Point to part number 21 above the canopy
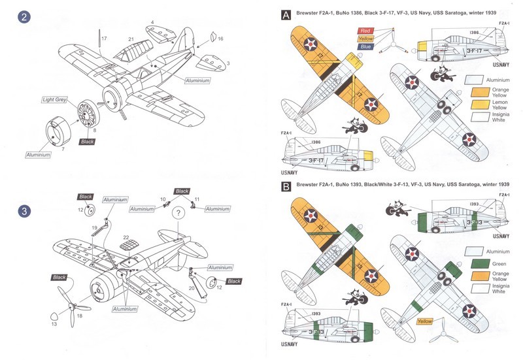(131, 40)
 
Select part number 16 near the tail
(220, 39)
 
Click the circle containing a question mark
(178, 213)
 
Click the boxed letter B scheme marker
(285, 186)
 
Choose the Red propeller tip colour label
(364, 30)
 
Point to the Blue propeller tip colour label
(364, 47)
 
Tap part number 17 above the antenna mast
(104, 39)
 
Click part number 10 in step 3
(164, 199)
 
